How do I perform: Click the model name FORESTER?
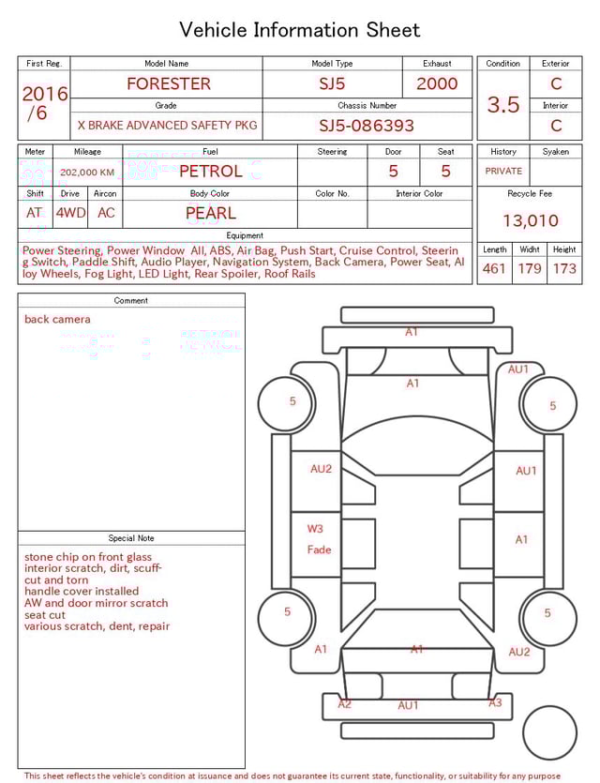click(169, 83)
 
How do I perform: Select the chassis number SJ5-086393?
click(367, 126)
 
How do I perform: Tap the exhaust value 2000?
click(437, 83)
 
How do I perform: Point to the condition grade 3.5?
click(503, 105)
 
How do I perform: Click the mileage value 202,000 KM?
click(87, 173)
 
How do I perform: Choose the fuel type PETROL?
click(210, 171)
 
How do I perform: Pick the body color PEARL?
click(211, 213)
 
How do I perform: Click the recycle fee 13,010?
click(531, 220)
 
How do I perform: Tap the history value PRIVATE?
click(503, 172)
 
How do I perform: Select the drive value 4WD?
click(70, 213)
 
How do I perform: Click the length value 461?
click(493, 269)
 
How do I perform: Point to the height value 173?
click(564, 269)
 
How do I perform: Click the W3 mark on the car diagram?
click(315, 529)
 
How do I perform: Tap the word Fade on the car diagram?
click(319, 550)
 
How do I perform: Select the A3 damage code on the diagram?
click(495, 702)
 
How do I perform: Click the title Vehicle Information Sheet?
click(300, 30)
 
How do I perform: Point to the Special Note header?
click(131, 538)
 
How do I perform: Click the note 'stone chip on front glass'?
click(88, 557)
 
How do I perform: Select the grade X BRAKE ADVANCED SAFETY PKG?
click(167, 126)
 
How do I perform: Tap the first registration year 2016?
click(45, 94)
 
